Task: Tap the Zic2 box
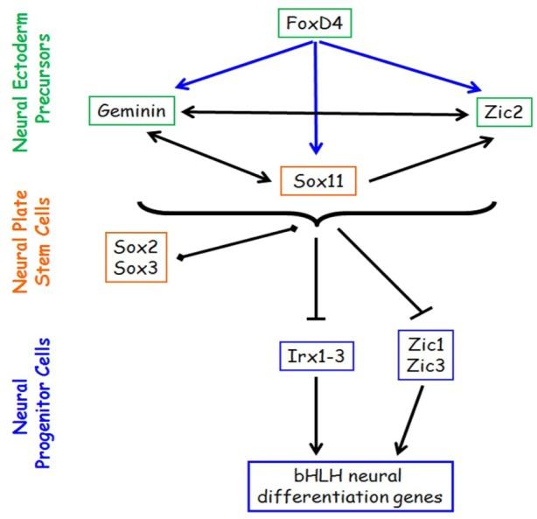(493, 111)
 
